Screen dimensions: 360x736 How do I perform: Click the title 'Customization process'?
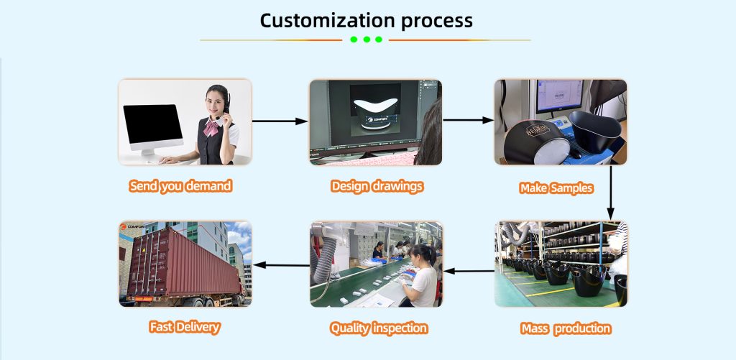coord(366,19)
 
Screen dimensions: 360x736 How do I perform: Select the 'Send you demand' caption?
coord(180,186)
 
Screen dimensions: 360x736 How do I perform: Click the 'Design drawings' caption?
coord(377,186)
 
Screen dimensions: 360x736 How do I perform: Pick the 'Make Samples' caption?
coord(556,188)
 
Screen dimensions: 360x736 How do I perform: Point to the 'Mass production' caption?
coord(566,328)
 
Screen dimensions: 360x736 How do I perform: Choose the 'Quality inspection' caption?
coord(378,328)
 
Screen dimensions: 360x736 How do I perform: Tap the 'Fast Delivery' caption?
coord(184,327)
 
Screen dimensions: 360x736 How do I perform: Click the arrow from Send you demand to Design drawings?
coord(280,121)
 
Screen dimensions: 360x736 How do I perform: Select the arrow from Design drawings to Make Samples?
coord(467,120)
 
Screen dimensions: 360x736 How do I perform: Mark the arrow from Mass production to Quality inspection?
coord(469,271)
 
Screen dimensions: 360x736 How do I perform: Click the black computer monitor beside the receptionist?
coord(152,126)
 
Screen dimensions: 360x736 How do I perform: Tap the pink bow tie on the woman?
coord(213,128)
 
